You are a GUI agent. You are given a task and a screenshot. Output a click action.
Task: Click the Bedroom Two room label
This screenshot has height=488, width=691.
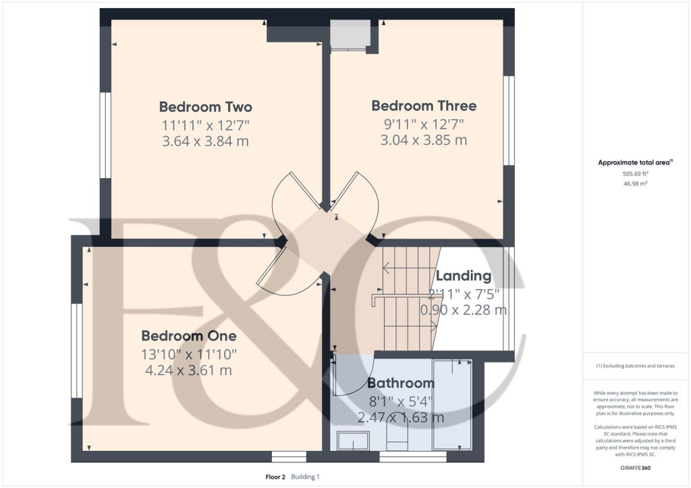(x=206, y=106)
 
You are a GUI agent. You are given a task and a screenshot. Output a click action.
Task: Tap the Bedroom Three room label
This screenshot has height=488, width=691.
(x=424, y=106)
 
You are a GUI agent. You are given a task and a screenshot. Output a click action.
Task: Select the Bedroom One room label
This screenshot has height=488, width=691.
(x=189, y=336)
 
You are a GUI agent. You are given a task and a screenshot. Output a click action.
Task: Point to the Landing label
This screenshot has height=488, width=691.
(x=463, y=276)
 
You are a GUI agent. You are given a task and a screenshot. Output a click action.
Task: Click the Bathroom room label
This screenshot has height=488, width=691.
(x=400, y=384)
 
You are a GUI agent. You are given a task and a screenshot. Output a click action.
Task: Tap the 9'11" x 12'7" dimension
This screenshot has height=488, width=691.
(x=424, y=124)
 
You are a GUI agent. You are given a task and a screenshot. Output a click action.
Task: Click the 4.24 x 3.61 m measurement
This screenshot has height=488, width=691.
(x=189, y=370)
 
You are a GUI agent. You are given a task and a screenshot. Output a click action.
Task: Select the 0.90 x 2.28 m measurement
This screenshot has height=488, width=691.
(x=463, y=311)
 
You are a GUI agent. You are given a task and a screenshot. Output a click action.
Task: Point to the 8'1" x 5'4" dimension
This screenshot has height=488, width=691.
(x=400, y=401)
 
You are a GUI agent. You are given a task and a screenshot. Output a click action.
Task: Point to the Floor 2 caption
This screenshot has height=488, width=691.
(x=277, y=477)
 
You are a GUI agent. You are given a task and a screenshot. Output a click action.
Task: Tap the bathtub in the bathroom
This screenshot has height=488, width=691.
(x=452, y=404)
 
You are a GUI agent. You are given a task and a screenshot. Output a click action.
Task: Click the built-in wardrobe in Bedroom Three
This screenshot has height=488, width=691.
(x=349, y=34)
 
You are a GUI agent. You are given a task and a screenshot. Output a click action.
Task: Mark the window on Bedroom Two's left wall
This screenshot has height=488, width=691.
(x=105, y=135)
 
